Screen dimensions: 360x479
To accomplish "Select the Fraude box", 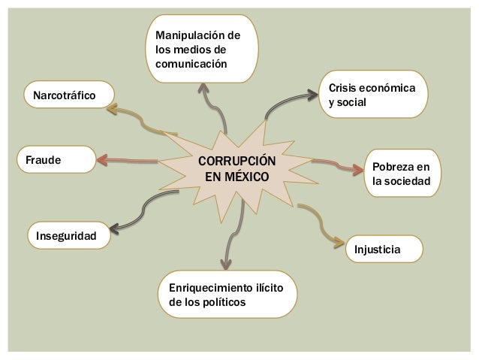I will (56, 160).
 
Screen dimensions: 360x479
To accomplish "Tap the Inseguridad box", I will (67, 236).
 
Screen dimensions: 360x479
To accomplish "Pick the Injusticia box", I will (384, 249).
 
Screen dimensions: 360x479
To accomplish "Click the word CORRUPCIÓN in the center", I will (236, 162).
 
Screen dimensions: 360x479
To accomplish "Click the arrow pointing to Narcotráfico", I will (139, 119).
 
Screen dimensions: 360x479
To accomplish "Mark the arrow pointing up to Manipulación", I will (213, 105).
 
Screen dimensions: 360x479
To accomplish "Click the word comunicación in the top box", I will (191, 65).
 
